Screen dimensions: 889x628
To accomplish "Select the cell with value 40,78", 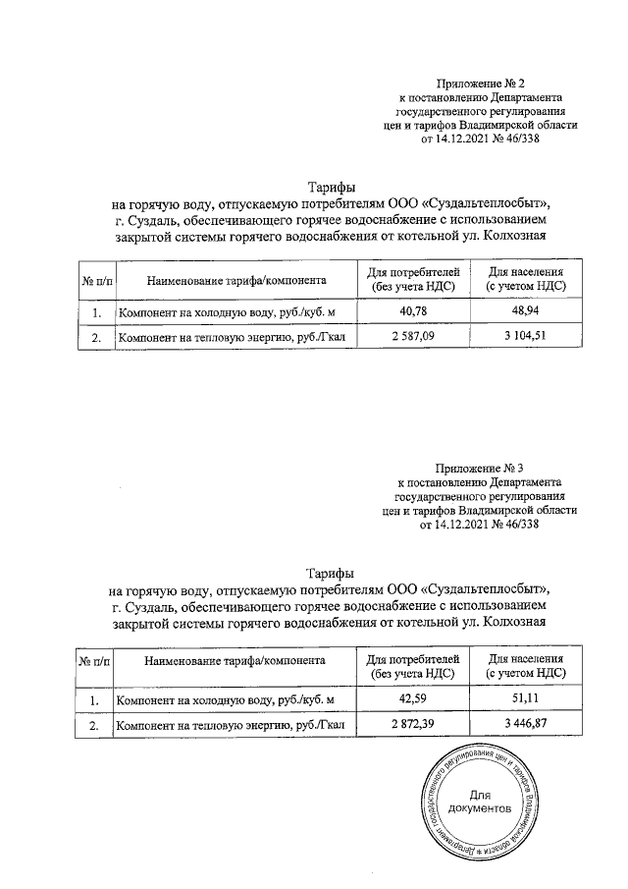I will pos(413,312).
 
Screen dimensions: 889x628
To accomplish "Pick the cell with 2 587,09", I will pos(413,338).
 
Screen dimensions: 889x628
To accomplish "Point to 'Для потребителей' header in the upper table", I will pos(413,273).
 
